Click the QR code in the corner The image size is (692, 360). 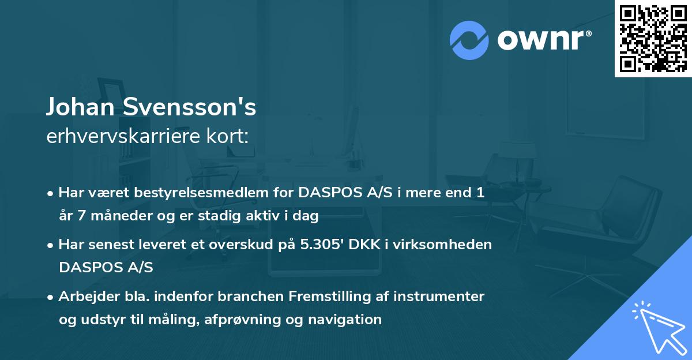coord(653,38)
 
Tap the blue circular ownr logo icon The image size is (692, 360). coord(469,40)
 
